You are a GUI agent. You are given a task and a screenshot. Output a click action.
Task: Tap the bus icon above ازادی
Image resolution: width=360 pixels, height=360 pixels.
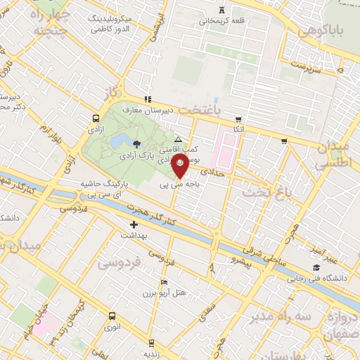[x=96, y=118]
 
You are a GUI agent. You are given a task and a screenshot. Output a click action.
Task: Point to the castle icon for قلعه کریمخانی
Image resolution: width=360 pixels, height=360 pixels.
[x=223, y=10]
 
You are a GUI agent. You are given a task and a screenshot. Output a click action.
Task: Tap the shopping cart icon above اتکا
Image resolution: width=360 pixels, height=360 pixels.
[x=239, y=118]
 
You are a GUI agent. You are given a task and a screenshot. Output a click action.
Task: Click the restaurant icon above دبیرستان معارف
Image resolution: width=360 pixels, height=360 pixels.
[x=147, y=99]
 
